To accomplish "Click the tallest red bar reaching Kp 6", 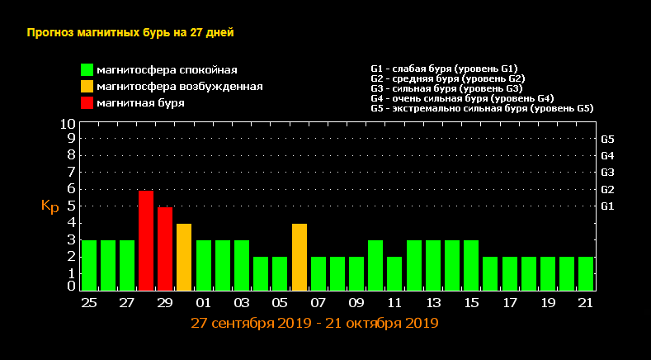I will pyautogui.click(x=146, y=239).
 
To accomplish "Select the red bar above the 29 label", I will pyautogui.click(x=165, y=248).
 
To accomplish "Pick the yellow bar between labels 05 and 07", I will pyautogui.click(x=300, y=256).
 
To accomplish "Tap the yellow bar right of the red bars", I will pyautogui.click(x=184, y=256).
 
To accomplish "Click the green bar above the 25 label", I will pyautogui.click(x=88, y=264).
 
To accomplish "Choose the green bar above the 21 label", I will pyautogui.click(x=586, y=272).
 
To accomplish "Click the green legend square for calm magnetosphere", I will pyautogui.click(x=87, y=70).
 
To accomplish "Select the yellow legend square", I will pyautogui.click(x=87, y=87).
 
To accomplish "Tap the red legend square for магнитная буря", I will pyautogui.click(x=87, y=103).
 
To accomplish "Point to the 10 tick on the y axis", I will pyautogui.click(x=68, y=124).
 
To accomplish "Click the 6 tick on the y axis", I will pyautogui.click(x=72, y=188).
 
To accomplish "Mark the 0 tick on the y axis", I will pyautogui.click(x=72, y=286).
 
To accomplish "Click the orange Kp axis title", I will pyautogui.click(x=50, y=206).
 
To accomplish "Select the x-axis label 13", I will pyautogui.click(x=433, y=303).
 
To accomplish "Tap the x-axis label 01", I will pyautogui.click(x=203, y=303).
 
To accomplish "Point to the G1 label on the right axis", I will pyautogui.click(x=608, y=206).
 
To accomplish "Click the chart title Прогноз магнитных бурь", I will pyautogui.click(x=130, y=33).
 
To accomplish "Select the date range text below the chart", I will pyautogui.click(x=314, y=323).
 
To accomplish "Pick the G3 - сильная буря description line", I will pyautogui.click(x=447, y=88).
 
